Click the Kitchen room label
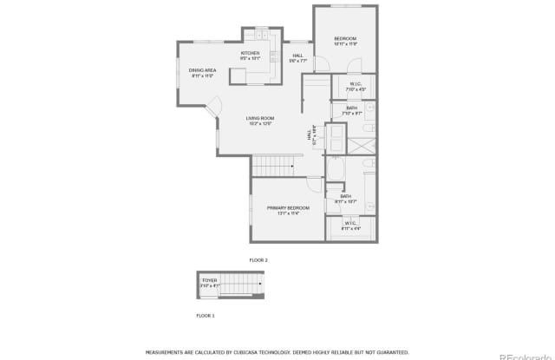point(250,54)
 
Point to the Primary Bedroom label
point(282,208)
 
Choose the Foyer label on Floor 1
point(210,280)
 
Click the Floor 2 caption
point(258,259)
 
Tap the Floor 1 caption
point(205,315)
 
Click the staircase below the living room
point(272,165)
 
